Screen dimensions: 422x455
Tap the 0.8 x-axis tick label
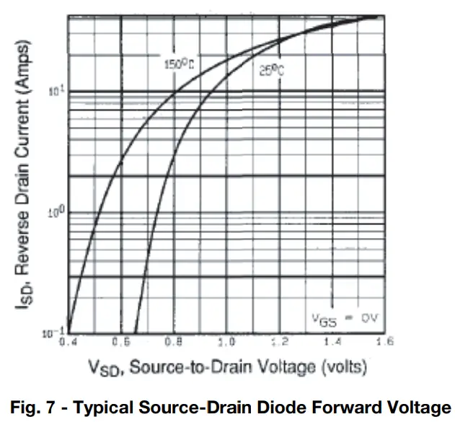coord(173,342)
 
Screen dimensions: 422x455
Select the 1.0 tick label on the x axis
coord(227,342)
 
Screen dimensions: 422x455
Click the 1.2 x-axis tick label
coord(280,342)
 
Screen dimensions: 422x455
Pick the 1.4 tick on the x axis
coord(332,342)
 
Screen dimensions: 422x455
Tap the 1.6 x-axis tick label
coord(384,342)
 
